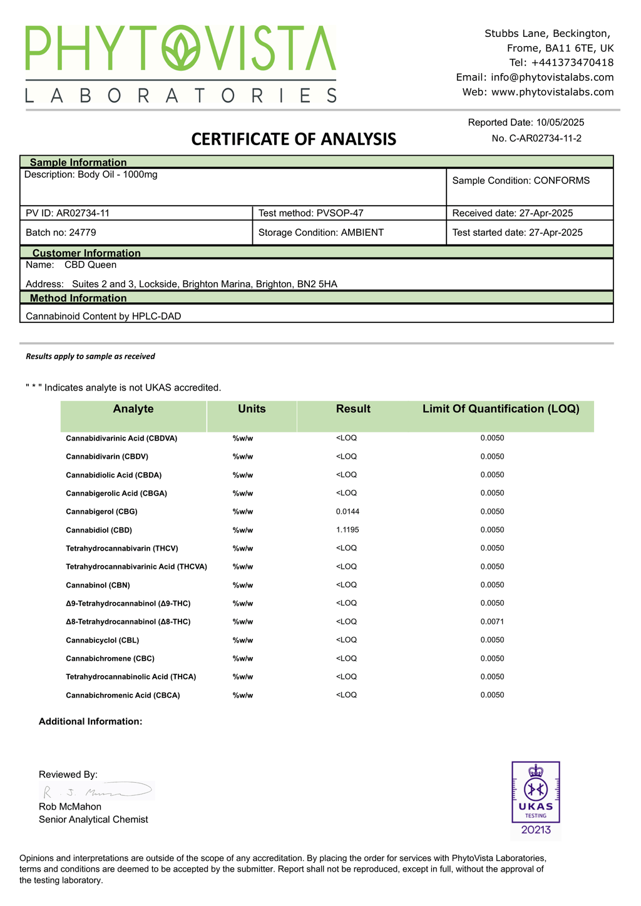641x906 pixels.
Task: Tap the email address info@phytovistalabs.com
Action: point(552,78)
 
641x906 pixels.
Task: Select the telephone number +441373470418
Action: point(572,63)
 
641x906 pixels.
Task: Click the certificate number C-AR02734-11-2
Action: point(545,138)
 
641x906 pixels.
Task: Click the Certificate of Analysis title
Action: point(294,139)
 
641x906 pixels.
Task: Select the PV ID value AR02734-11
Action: point(83,213)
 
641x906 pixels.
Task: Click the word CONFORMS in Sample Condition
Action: point(562,181)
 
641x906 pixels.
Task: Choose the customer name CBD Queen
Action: point(90,265)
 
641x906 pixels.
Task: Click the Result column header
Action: point(353,409)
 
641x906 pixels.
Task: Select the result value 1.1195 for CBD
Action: point(347,530)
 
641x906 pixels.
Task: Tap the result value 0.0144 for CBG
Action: point(347,512)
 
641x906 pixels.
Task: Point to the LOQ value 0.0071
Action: point(492,622)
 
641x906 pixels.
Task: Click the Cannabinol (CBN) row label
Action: point(98,586)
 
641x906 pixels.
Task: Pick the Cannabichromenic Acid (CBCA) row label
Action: point(123,696)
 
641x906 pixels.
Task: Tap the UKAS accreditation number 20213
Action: point(536,830)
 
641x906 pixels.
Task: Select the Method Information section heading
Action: point(78,298)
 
